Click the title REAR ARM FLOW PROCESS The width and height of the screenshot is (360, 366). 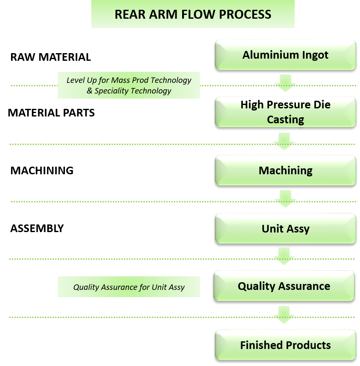click(x=193, y=14)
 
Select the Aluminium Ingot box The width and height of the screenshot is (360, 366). click(x=285, y=55)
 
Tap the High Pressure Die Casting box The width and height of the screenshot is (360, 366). click(x=285, y=112)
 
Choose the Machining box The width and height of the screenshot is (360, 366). click(x=285, y=170)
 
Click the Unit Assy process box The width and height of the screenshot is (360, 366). click(x=285, y=228)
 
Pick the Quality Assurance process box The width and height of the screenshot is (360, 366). click(x=284, y=286)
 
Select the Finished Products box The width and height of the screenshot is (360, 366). click(x=285, y=344)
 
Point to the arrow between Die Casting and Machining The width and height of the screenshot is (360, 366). click(x=284, y=141)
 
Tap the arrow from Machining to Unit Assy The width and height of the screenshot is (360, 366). click(x=285, y=199)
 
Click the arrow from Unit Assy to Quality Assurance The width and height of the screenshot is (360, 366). click(x=284, y=256)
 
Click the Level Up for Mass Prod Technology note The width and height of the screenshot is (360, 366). click(x=129, y=85)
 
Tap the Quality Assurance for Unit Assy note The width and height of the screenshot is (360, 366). click(x=129, y=287)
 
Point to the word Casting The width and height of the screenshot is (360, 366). click(x=285, y=119)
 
